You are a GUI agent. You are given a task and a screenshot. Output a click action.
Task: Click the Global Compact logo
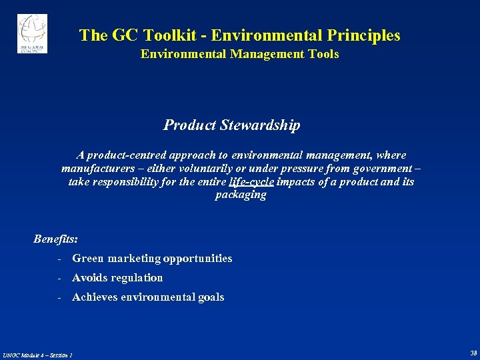(32, 33)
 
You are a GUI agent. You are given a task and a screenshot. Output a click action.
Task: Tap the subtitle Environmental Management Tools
(239, 54)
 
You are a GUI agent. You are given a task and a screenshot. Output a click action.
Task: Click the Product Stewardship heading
(231, 125)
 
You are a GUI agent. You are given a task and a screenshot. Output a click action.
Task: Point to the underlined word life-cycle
(251, 181)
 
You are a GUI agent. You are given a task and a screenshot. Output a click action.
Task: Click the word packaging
(240, 195)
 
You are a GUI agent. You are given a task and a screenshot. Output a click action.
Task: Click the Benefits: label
(55, 238)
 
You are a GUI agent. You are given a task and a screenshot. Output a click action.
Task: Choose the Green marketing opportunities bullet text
(152, 258)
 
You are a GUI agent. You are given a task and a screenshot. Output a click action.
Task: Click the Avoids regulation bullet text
(117, 277)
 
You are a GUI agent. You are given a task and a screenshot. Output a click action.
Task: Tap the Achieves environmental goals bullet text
(148, 297)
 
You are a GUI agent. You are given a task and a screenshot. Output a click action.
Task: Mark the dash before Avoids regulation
(60, 277)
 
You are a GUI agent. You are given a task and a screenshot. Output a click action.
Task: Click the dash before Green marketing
(60, 258)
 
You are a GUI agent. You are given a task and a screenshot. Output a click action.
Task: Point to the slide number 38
(473, 353)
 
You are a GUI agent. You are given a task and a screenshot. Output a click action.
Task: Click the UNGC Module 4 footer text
(37, 354)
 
